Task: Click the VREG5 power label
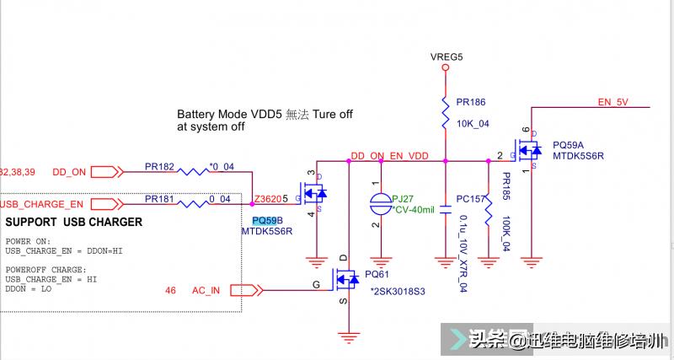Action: click(447, 57)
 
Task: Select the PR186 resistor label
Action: click(471, 101)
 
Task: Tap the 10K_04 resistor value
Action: click(473, 123)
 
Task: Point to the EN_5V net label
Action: click(612, 102)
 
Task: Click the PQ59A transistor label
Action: click(569, 145)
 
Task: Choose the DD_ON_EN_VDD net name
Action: click(389, 156)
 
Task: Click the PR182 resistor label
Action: click(160, 167)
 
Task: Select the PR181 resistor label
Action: click(160, 199)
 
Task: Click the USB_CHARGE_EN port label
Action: click(42, 204)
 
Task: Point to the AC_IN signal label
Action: click(206, 290)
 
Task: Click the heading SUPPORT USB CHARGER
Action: click(74, 223)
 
